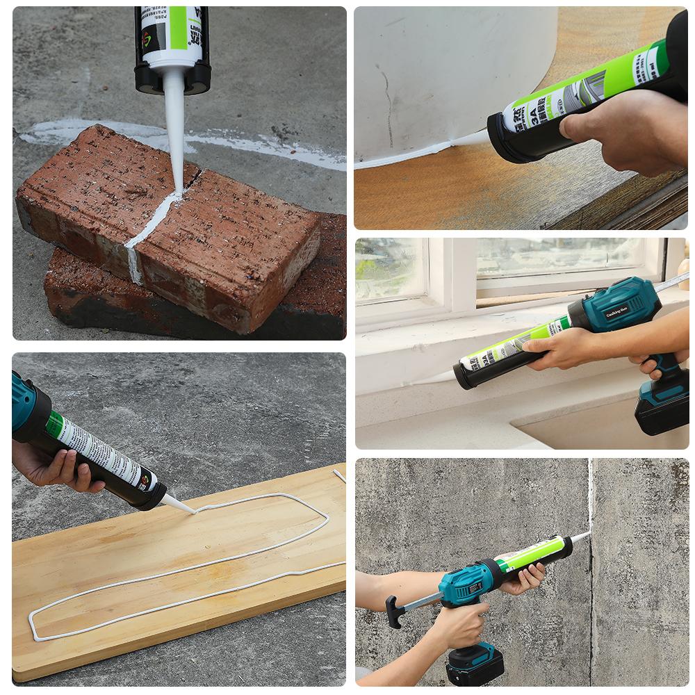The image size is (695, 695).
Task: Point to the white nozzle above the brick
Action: click(174, 132)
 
